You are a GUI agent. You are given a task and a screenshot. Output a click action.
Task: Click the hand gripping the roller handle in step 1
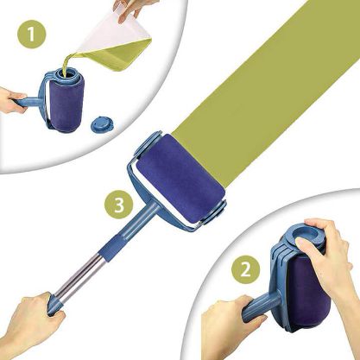click(12, 101)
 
